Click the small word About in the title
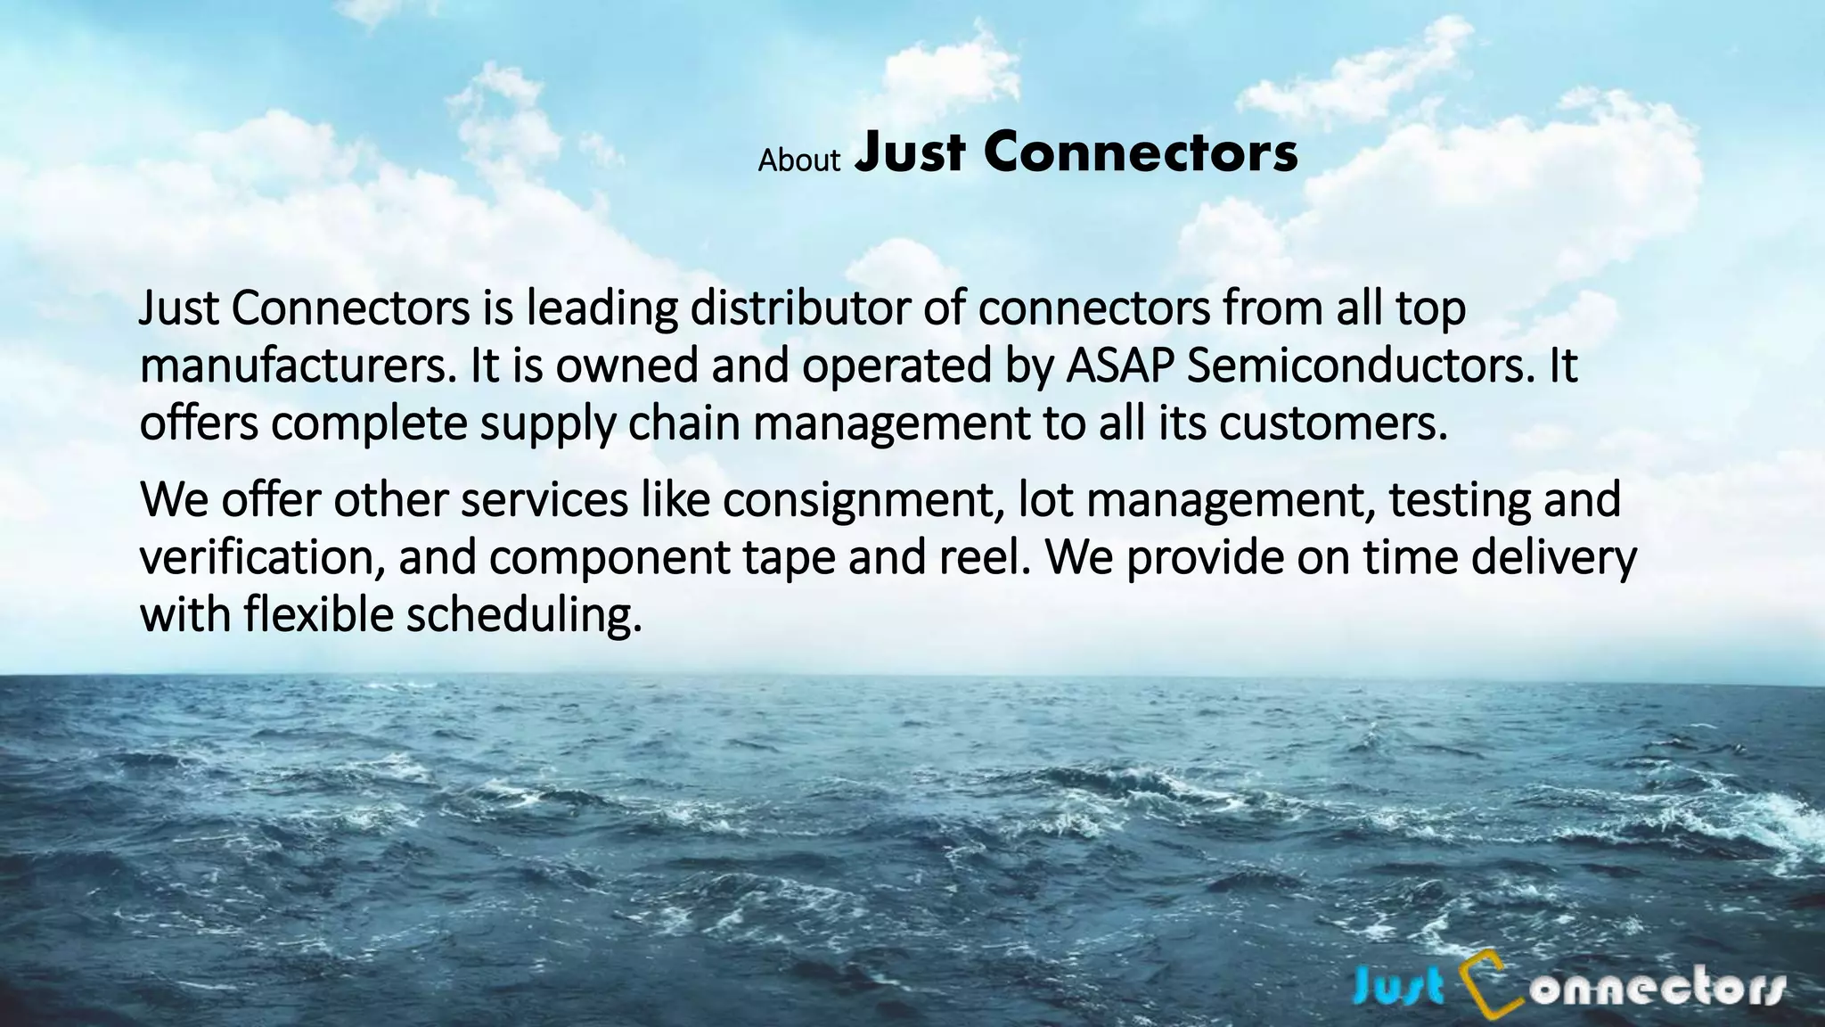tap(798, 160)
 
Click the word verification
tap(263, 558)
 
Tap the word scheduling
tap(524, 616)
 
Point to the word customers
tap(1332, 424)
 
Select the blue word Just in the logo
tap(1399, 989)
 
